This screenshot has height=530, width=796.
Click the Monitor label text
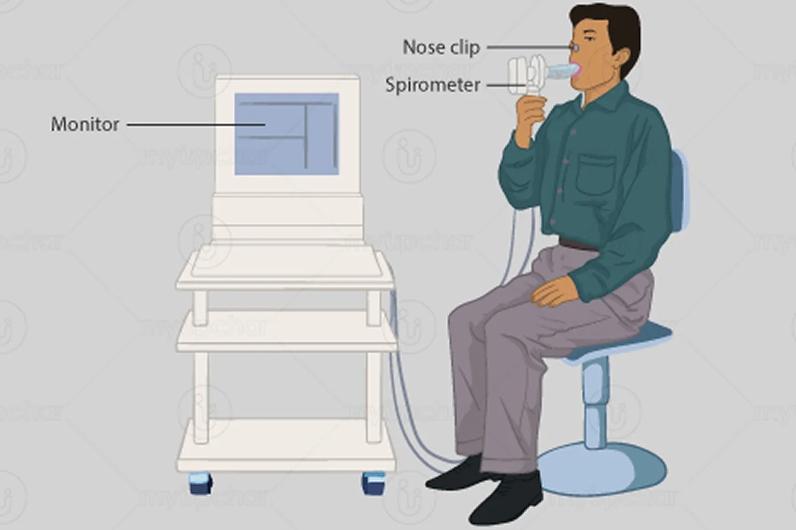pos(85,124)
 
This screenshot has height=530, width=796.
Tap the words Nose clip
pos(441,47)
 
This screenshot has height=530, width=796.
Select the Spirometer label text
pos(433,85)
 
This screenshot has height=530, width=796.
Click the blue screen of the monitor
pos(287,134)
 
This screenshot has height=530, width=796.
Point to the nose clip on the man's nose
pos(575,47)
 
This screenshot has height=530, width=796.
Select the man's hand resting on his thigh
pos(554,290)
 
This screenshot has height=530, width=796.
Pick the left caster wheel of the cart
pos(201,483)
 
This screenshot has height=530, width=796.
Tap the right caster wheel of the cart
pos(373,483)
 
